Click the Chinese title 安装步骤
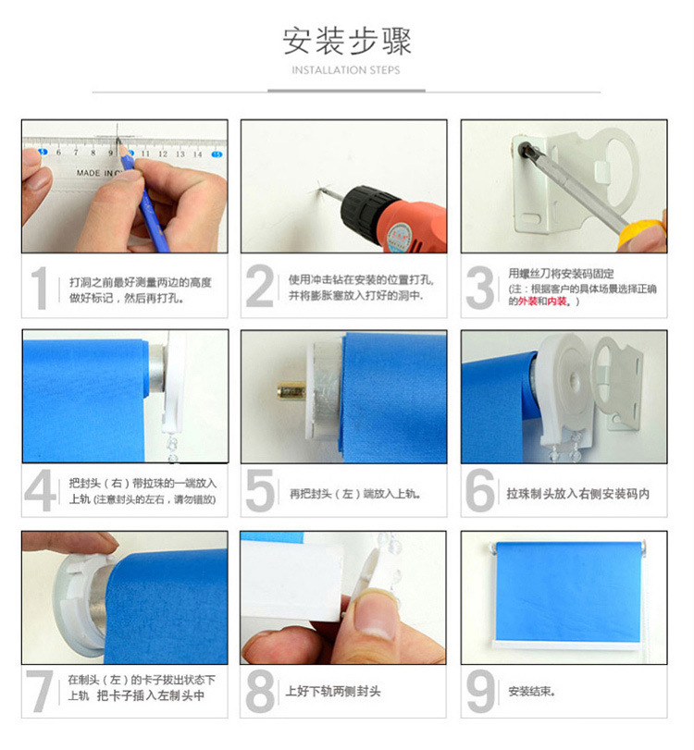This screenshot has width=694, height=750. tap(346, 41)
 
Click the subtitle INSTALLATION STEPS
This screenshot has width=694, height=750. tap(346, 70)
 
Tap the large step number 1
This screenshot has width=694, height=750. tap(40, 288)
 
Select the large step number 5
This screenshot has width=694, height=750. tap(260, 490)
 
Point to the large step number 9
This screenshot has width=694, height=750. tap(480, 691)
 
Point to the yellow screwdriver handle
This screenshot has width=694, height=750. tap(641, 234)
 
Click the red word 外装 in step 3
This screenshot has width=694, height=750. tap(527, 301)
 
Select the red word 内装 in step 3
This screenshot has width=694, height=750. tap(557, 301)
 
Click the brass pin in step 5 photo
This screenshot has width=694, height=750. tap(291, 392)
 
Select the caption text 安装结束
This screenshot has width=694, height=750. tap(531, 691)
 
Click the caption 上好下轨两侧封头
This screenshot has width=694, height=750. tap(333, 691)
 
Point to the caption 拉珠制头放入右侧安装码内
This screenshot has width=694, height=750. tap(577, 494)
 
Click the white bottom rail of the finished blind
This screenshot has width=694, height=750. tap(566, 645)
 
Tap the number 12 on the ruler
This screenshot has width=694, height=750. tap(163, 154)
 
